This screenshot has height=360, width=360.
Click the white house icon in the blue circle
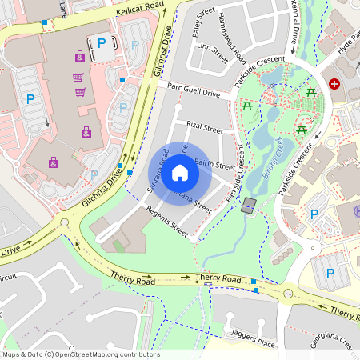pyautogui.click(x=180, y=172)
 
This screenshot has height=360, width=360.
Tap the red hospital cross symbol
pyautogui.click(x=334, y=83)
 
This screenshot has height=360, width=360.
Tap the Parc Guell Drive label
pyautogui.click(x=193, y=92)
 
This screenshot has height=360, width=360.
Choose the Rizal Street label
pyautogui.click(x=204, y=127)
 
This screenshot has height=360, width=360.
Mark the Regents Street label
pyautogui.click(x=166, y=221)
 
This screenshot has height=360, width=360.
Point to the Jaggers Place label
pyautogui.click(x=252, y=337)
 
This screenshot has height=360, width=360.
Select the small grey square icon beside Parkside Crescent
pyautogui.click(x=250, y=206)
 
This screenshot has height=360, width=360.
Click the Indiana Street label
pyautogui.click(x=196, y=202)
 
